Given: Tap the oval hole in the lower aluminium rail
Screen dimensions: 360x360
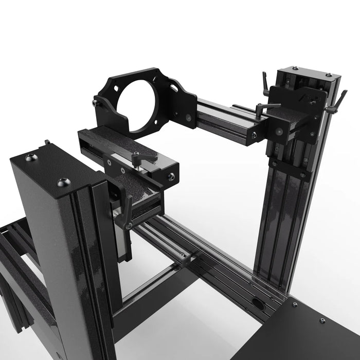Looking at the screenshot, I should click(258, 304).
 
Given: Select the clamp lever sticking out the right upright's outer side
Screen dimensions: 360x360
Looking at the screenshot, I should click(337, 102).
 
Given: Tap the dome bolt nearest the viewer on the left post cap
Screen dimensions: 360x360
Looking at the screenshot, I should click(64, 182).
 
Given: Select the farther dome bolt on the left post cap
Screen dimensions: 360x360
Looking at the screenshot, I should click(31, 157).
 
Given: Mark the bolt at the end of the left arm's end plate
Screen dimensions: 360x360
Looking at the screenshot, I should click(171, 177).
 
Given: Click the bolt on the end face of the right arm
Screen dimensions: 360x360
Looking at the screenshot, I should click(254, 135).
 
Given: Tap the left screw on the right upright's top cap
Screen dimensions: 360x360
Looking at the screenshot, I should click(295, 68).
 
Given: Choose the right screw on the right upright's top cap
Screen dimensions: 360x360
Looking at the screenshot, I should click(326, 75).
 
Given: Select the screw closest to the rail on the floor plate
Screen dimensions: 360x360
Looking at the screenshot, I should click(294, 304).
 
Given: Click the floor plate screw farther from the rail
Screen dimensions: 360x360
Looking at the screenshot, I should click(321, 321).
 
